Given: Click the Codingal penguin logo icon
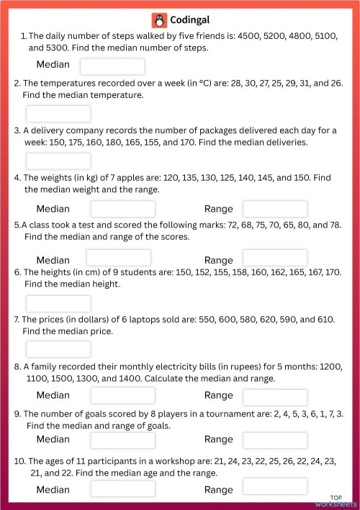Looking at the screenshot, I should pos(159,20).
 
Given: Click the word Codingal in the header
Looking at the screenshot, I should pos(190,20).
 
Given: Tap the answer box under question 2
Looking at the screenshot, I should pos(58,114).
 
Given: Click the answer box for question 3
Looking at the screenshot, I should pos(58,161).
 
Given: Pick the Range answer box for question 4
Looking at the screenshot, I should pos(274,209).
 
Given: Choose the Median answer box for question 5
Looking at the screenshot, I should pos(119,258).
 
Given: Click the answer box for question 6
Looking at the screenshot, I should pos(58,303).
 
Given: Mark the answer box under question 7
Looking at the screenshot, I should pos(58,349).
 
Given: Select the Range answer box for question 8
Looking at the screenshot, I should pos(274,396).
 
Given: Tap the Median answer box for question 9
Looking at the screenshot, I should pos(122,439).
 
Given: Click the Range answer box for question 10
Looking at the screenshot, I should pos(274,486).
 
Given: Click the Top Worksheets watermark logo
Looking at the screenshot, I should pos(341,501).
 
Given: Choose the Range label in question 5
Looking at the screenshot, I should pos(219,260).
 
